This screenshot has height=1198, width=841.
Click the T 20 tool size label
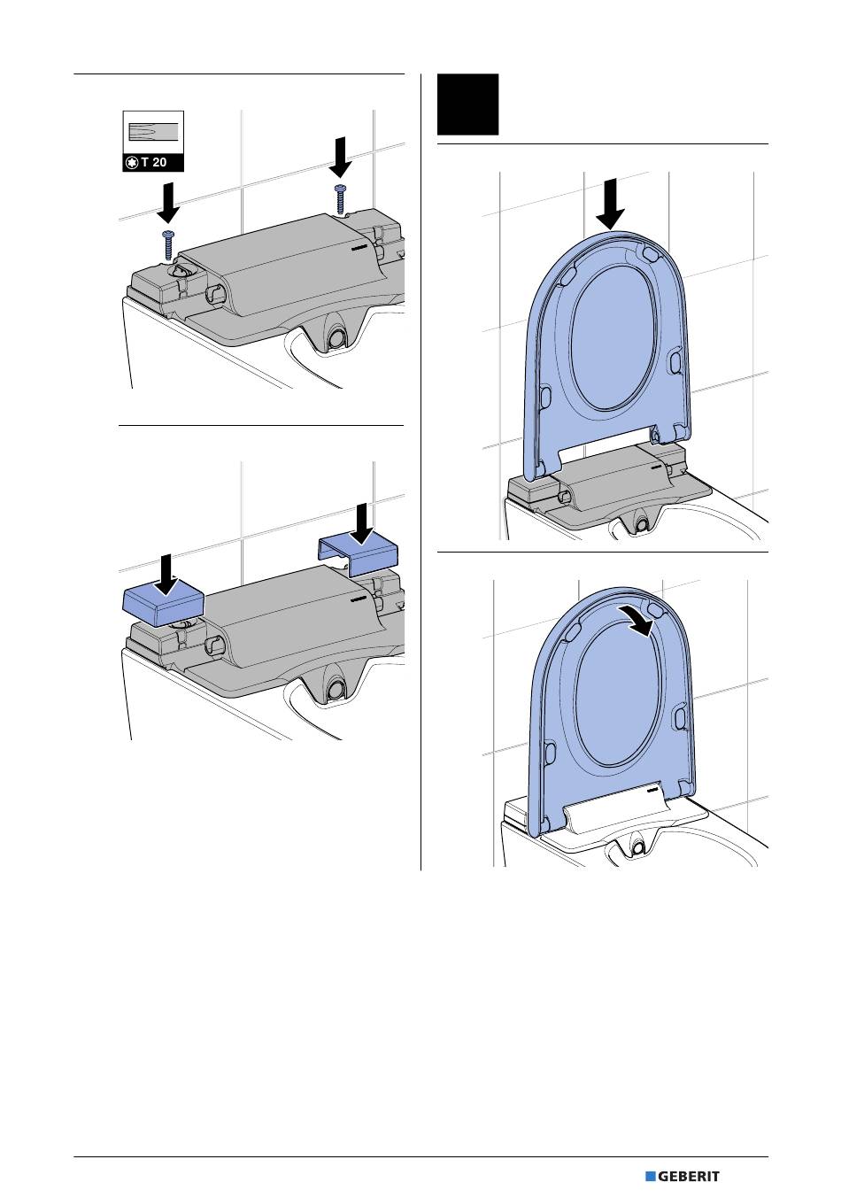pos(154,162)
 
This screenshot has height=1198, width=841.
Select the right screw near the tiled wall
pos(340,199)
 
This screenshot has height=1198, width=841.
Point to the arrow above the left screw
pos(168,203)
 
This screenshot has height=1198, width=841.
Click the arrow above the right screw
pos(340,157)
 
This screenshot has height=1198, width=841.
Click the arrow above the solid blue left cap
pos(167,575)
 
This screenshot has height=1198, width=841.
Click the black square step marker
pos(467,104)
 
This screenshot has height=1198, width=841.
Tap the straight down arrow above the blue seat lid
pos(610,205)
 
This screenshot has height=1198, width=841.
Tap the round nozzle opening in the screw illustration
pos(336,338)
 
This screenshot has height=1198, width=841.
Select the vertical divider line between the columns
pos(420,472)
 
